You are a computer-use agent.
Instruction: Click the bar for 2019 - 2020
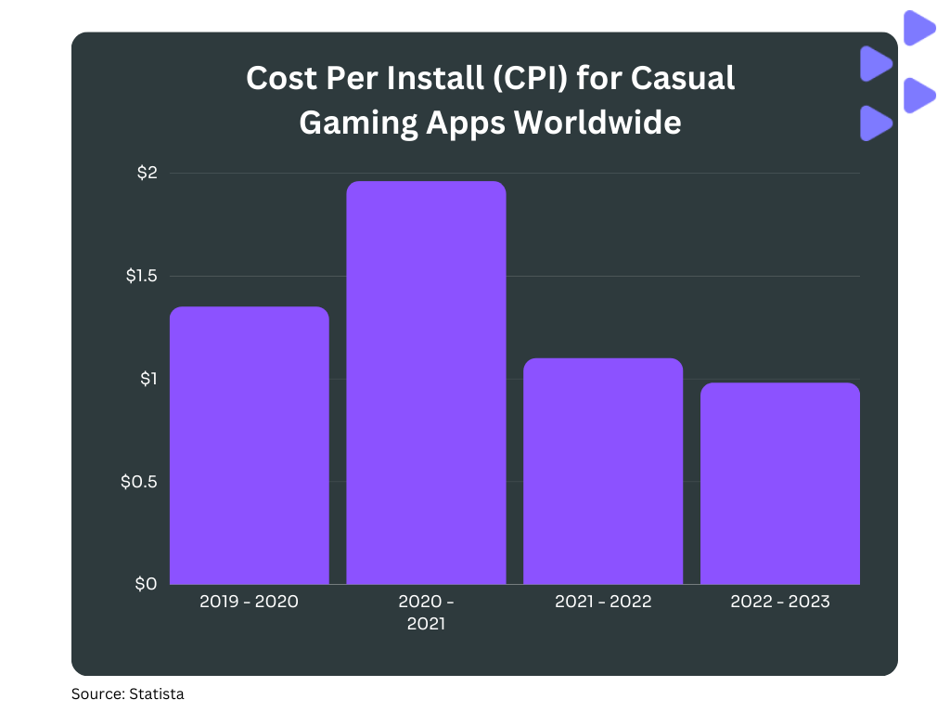click(249, 446)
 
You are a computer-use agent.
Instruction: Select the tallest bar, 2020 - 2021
click(426, 382)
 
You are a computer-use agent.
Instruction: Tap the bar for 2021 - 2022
click(603, 471)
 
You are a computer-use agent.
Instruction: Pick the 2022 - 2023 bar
click(780, 483)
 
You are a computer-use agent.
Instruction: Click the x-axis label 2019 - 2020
click(249, 602)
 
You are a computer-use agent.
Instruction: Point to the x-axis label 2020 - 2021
click(426, 613)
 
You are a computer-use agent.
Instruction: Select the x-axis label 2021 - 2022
click(603, 602)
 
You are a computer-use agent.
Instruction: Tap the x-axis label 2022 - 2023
click(780, 602)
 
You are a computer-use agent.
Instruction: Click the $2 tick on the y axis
click(148, 173)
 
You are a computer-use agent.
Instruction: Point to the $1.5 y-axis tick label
click(142, 276)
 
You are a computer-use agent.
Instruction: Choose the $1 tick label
click(148, 379)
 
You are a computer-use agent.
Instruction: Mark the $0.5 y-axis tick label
click(140, 482)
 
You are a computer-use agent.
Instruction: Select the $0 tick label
click(147, 584)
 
